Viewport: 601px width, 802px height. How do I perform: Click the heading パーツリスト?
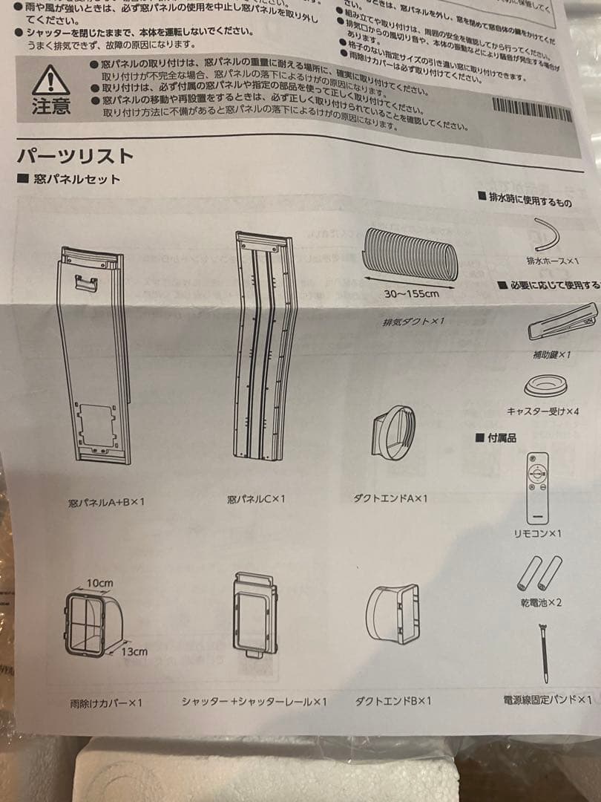(x=75, y=156)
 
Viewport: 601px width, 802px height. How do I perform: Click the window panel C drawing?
(x=261, y=345)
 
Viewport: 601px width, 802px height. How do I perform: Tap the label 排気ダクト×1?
(x=413, y=322)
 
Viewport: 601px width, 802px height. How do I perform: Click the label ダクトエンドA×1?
(x=390, y=498)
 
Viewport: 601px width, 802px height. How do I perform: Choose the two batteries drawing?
(x=539, y=574)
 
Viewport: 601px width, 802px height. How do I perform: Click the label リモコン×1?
(x=537, y=534)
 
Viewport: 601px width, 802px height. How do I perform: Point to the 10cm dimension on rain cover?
(x=99, y=583)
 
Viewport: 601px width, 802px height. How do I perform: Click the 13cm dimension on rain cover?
(x=134, y=651)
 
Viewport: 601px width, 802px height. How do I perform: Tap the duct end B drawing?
(x=393, y=615)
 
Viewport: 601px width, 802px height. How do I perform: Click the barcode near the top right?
(x=532, y=110)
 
